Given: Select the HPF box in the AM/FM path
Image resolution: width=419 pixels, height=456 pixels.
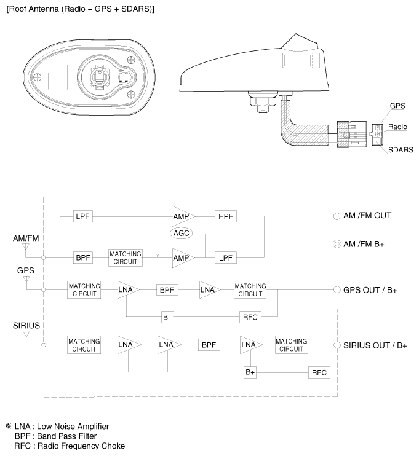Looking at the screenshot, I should click(x=226, y=216).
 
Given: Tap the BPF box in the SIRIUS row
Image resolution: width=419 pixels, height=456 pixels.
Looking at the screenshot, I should click(x=208, y=345).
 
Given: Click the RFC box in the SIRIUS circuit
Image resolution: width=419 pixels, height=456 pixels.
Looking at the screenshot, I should click(x=319, y=372).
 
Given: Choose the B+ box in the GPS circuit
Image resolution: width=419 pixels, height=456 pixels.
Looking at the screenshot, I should click(x=167, y=317).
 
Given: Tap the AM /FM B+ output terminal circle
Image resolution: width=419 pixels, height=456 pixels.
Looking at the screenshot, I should click(x=337, y=244).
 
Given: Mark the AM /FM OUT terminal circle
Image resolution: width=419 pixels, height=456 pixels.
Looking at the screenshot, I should click(x=337, y=216).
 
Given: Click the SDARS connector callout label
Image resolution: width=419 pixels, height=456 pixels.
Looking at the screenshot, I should click(x=400, y=150).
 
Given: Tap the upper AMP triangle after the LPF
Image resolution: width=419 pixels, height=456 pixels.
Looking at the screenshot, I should click(x=182, y=216).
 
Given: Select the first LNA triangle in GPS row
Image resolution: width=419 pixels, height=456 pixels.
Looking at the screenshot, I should click(x=127, y=289).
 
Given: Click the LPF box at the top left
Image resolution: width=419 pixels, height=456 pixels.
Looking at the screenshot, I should click(x=82, y=216).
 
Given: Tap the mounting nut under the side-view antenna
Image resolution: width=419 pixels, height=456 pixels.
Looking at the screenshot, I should click(x=261, y=98).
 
